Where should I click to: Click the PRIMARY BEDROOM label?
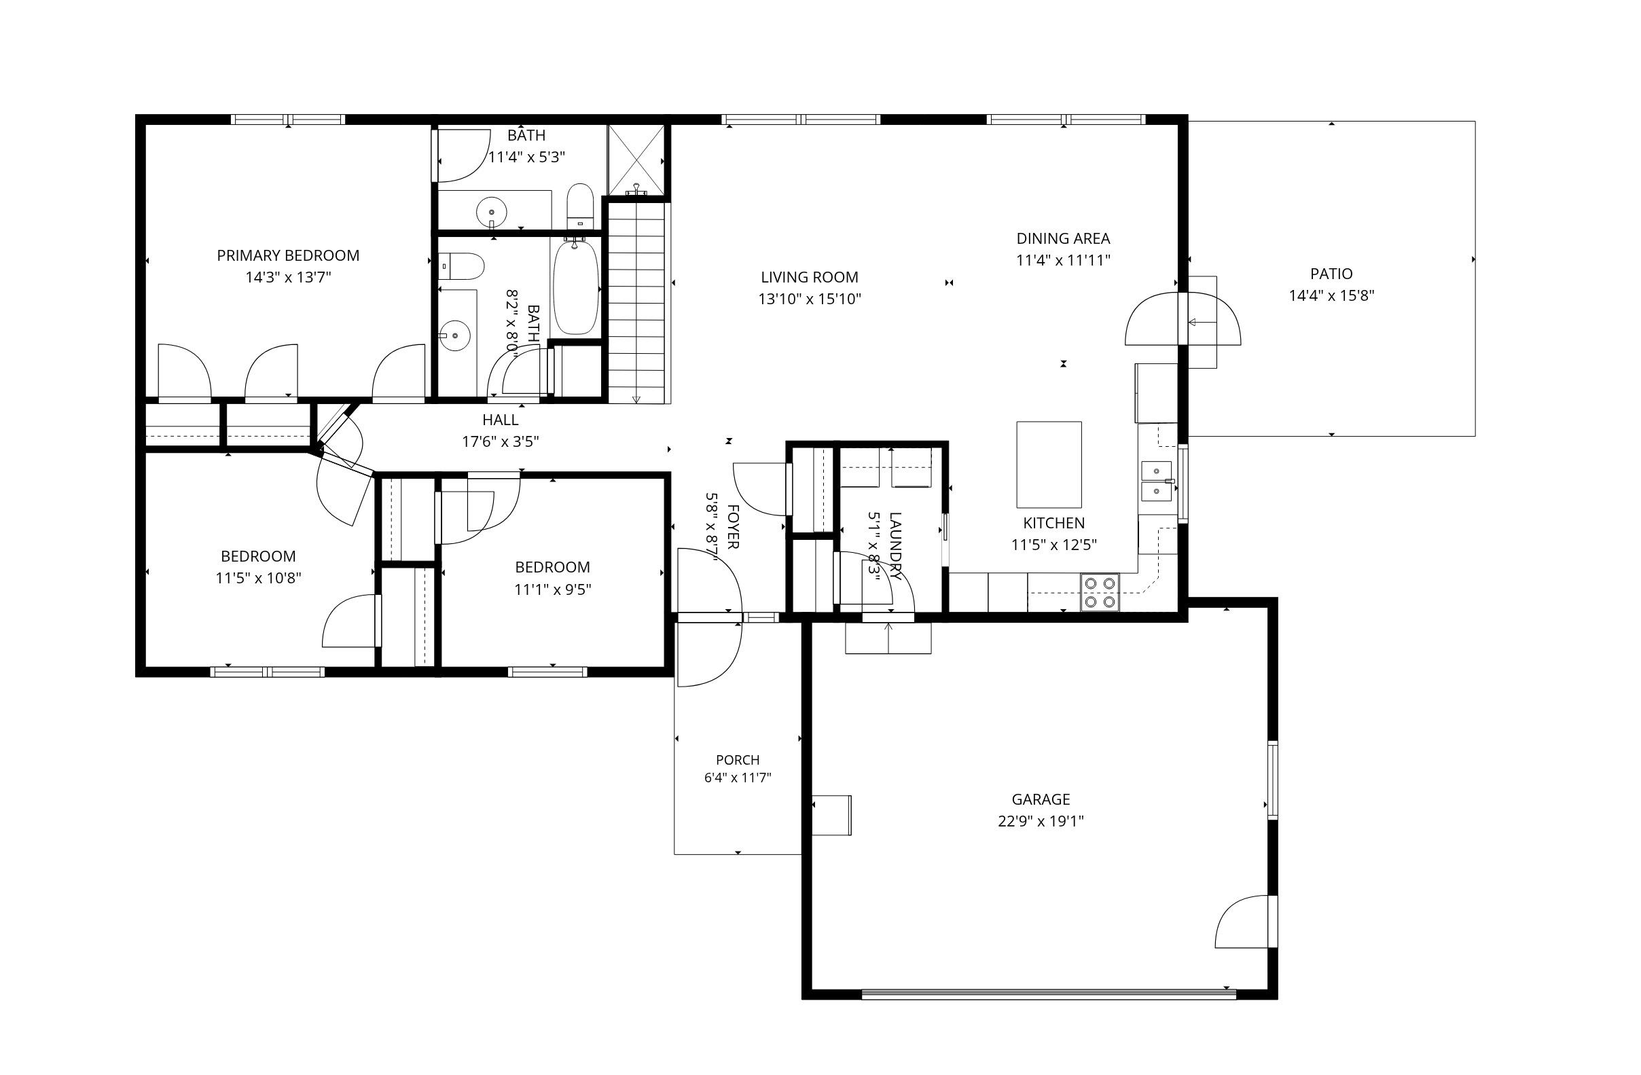(x=288, y=256)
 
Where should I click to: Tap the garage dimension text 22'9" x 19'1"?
(x=1041, y=821)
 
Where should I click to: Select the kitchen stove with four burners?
(x=1100, y=592)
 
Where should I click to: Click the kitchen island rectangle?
(x=1049, y=464)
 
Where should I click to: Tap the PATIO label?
(x=1331, y=274)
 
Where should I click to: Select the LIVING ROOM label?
(x=810, y=277)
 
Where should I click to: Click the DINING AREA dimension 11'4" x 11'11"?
(x=1063, y=261)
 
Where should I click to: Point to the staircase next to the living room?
(x=637, y=302)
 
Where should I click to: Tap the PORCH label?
(x=738, y=760)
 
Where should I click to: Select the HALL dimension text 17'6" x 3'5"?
(x=501, y=441)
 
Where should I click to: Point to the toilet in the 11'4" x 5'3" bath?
(x=580, y=205)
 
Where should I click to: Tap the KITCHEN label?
(x=1053, y=524)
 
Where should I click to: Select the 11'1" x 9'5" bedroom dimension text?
(x=553, y=589)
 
